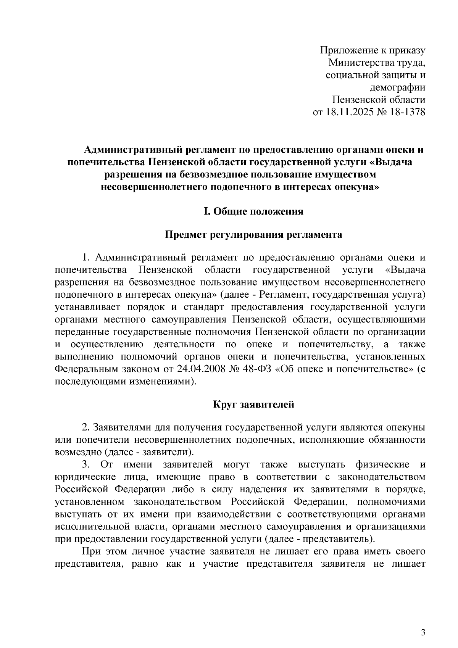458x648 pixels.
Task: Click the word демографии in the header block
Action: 398,87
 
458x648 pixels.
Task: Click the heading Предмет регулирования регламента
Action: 253,234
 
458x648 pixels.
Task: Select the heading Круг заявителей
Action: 253,405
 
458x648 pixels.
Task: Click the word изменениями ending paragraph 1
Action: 163,382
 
